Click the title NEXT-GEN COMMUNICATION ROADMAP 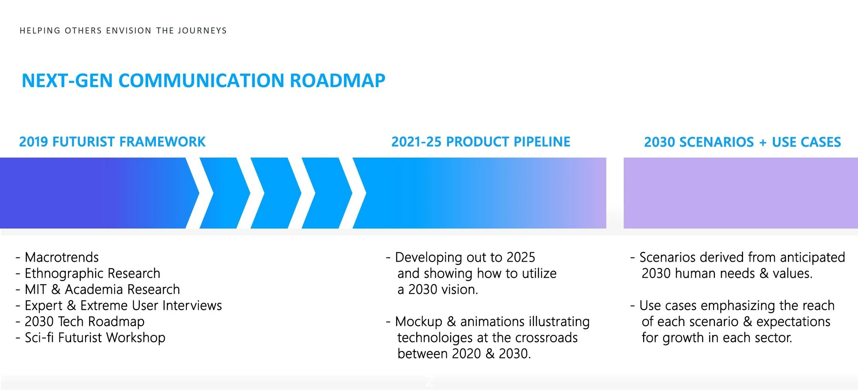click(204, 81)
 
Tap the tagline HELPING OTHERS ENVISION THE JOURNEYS click(123, 31)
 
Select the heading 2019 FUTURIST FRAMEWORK click(112, 142)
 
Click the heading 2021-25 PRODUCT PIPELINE click(481, 142)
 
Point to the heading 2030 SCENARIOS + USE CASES click(742, 142)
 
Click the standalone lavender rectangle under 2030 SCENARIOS click(741, 193)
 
